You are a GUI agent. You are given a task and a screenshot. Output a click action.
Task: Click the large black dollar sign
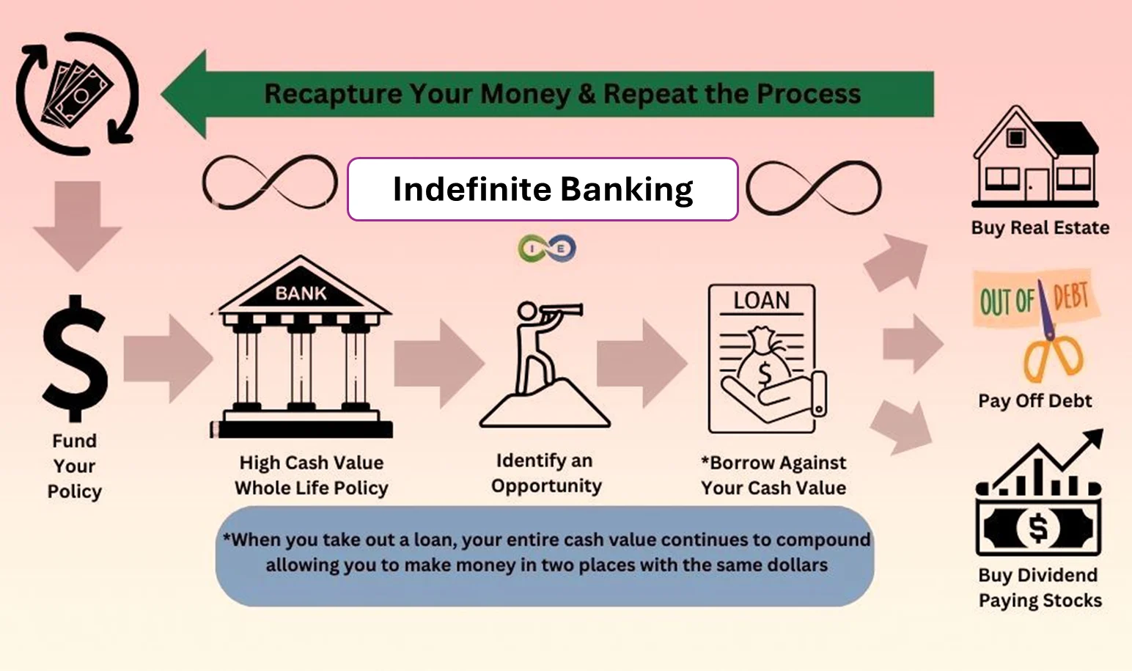tap(75, 358)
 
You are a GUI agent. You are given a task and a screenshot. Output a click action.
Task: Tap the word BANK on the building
tap(301, 293)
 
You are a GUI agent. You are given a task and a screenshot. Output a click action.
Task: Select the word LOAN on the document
tap(762, 301)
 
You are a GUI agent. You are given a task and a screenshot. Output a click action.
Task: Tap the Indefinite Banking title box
tap(543, 189)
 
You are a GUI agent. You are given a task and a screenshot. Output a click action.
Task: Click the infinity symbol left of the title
tap(269, 182)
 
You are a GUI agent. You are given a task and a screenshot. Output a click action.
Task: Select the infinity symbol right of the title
tap(814, 188)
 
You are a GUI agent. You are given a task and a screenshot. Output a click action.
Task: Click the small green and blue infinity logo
tap(547, 249)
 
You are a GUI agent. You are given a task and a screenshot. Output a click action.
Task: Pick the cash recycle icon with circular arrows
tap(78, 93)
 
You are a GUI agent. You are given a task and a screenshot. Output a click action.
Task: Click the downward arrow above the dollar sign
tap(78, 224)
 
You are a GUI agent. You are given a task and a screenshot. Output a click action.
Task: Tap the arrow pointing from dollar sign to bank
tap(167, 359)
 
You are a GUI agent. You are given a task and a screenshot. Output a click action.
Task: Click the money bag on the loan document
tap(764, 361)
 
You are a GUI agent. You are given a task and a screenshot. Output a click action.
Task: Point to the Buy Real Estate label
tap(1040, 228)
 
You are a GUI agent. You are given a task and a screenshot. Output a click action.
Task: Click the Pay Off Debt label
tap(1034, 401)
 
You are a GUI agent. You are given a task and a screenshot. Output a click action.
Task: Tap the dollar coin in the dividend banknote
tap(1037, 527)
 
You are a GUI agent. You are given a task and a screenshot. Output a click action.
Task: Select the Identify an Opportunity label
tap(546, 473)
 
